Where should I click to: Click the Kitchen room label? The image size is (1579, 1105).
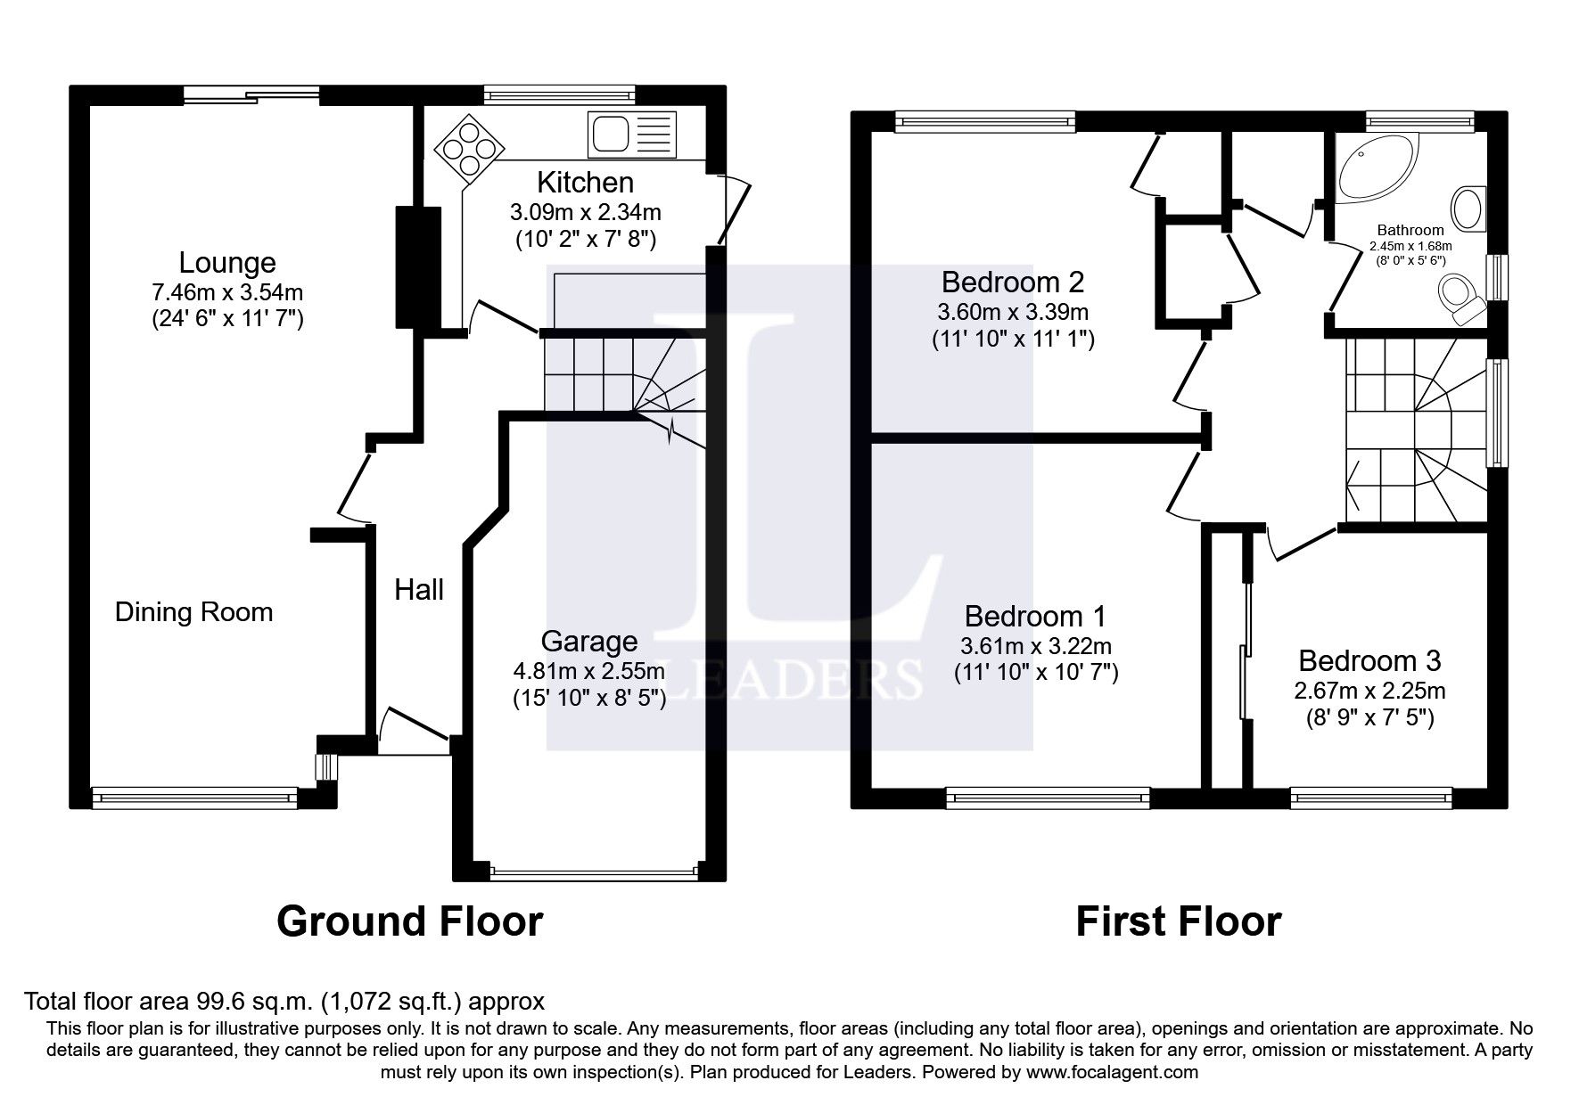click(585, 183)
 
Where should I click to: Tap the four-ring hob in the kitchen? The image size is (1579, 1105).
click(470, 144)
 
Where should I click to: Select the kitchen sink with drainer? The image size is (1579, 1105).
click(632, 135)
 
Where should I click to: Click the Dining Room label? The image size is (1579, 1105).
click(193, 612)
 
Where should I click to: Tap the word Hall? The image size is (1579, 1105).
click(419, 590)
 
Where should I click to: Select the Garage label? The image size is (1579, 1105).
click(589, 642)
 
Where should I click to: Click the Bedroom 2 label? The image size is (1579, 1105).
click(1013, 282)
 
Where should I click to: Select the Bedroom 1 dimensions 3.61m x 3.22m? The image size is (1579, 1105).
click(1036, 645)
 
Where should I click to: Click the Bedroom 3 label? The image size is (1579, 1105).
click(1369, 661)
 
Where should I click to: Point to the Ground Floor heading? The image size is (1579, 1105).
click(409, 921)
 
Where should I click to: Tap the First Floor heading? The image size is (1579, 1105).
click(1178, 921)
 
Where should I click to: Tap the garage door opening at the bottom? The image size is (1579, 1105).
click(594, 872)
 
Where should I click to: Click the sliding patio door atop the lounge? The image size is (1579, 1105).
click(251, 94)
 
